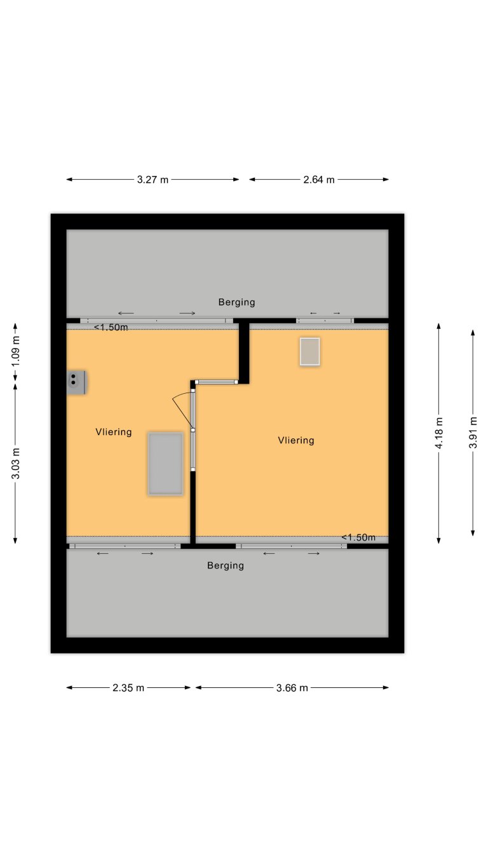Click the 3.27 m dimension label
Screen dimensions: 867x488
(152, 180)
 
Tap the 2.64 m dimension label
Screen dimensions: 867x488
(318, 180)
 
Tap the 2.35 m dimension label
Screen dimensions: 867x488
(128, 687)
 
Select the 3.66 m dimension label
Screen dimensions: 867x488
(292, 687)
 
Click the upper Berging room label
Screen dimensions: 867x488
(236, 302)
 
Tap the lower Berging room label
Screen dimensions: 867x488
(226, 565)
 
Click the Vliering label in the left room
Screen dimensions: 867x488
(114, 432)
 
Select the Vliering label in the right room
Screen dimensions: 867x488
(296, 440)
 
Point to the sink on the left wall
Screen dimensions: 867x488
(76, 382)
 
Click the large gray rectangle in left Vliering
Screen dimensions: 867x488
(166, 463)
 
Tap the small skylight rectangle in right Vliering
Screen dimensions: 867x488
(310, 351)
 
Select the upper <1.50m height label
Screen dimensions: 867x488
(111, 328)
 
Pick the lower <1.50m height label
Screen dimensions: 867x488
(358, 537)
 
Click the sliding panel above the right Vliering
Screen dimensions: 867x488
(324, 321)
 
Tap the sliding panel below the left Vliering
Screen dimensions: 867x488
(125, 546)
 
